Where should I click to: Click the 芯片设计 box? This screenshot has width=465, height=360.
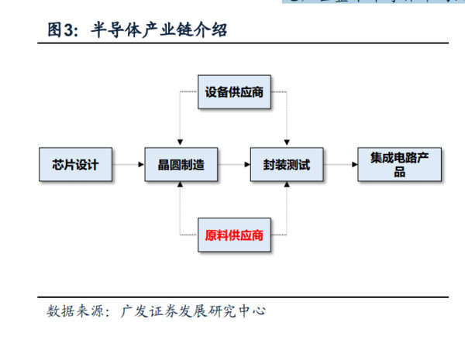coord(75,165)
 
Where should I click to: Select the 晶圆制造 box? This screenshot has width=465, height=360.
coord(181,165)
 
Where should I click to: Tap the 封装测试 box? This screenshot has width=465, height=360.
coord(287,165)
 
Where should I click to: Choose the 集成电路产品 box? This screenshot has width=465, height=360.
coord(399,165)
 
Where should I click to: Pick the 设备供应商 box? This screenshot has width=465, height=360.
coord(234,92)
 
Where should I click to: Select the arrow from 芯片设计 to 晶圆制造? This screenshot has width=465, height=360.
coord(127,165)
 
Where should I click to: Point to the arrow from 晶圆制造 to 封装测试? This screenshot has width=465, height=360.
coord(233,165)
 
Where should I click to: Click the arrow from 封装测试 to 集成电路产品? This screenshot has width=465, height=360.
coord(340,165)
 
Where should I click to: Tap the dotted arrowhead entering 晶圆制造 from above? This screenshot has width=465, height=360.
coord(181,142)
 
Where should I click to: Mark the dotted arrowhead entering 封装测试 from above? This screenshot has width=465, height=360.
coord(287,142)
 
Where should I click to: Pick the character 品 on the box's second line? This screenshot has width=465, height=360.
coord(399,173)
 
